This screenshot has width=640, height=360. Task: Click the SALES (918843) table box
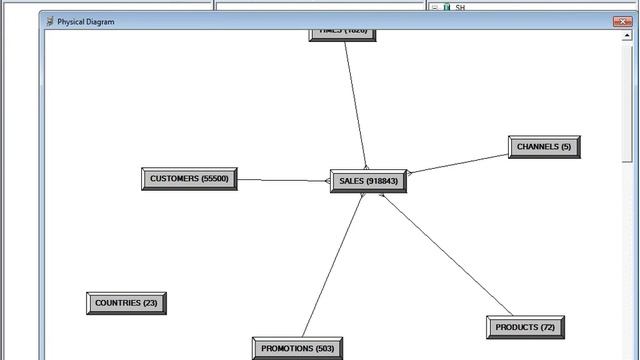368,181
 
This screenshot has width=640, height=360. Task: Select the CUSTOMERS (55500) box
189,179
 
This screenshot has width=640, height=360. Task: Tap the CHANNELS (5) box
544,147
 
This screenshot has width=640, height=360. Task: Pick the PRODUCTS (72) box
525,327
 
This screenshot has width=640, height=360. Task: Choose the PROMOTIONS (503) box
297,348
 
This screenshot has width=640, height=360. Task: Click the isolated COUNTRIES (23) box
126,303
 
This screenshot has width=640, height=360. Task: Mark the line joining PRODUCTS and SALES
445,254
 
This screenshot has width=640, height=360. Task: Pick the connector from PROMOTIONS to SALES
332,265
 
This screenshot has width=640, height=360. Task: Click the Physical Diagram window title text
85,21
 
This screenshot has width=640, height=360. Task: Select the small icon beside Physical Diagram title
50,21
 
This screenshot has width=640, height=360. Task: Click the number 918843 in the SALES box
382,181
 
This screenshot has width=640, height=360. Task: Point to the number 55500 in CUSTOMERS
215,179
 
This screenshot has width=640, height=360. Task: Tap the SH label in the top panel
461,7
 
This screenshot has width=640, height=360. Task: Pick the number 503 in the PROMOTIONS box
324,348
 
